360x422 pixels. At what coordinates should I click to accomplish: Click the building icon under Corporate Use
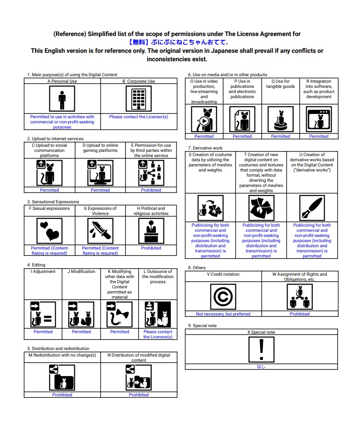pos(139,99)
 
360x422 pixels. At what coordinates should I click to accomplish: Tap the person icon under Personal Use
pos(62,99)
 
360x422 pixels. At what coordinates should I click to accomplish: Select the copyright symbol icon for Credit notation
pos(223,297)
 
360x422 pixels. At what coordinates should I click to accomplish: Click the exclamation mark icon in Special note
pos(261,350)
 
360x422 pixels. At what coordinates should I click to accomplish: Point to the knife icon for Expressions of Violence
pos(100,231)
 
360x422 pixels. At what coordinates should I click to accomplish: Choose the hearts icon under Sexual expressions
pos(49,231)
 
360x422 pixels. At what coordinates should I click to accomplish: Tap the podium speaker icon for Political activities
pos(151,231)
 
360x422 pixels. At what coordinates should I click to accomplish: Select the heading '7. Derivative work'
pos(205,148)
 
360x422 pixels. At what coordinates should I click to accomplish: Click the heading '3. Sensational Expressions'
pos(53,202)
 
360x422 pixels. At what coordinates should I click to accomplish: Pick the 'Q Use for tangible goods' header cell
pos(281,84)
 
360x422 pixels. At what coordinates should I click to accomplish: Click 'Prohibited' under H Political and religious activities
pos(151,248)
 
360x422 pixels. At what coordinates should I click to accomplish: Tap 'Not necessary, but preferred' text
pos(223,314)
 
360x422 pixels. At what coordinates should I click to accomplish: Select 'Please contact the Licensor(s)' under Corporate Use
pos(139,117)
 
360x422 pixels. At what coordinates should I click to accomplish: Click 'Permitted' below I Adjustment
pos(43,332)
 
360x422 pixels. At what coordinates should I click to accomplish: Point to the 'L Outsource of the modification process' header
pos(158,276)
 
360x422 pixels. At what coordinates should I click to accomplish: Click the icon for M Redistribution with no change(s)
pos(62,377)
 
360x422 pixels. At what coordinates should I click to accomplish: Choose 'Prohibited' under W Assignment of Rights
pos(299,314)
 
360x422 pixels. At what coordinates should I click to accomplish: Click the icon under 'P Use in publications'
pos(242,119)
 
